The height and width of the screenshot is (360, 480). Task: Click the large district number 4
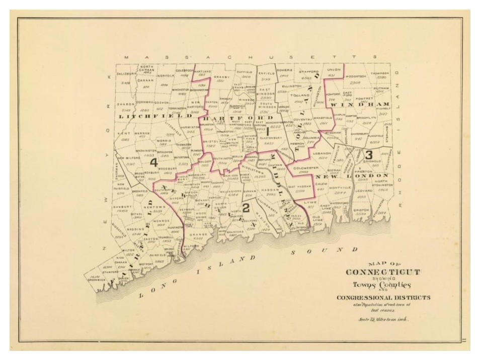(153, 162)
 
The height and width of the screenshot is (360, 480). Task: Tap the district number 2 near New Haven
(246, 208)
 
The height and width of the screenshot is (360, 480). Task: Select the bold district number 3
(368, 154)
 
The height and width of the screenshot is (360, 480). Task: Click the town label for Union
(331, 70)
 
